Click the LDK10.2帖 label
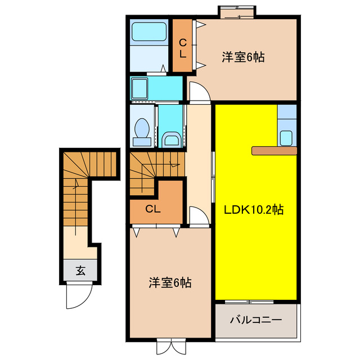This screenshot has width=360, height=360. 254,210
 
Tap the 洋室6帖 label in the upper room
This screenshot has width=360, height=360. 243,57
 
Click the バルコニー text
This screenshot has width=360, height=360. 255,320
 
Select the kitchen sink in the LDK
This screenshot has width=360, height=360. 286,137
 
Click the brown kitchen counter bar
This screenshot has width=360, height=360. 274,150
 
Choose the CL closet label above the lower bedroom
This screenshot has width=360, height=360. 152,209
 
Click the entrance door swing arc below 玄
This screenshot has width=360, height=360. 77,296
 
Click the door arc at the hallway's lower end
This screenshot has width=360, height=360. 198,216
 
